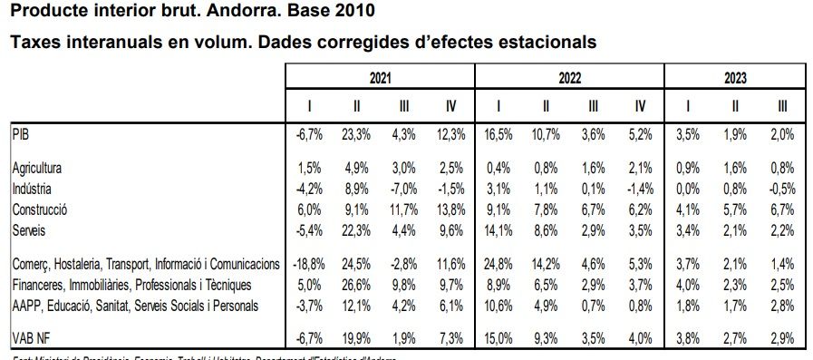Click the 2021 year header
click(x=381, y=79)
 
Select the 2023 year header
click(x=735, y=79)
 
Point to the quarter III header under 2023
click(x=782, y=107)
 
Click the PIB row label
click(x=22, y=133)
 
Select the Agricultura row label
click(x=41, y=169)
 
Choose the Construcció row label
click(x=42, y=209)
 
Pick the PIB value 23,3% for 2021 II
click(x=356, y=134)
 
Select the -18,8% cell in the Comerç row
click(x=307, y=264)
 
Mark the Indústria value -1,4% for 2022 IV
click(x=638, y=190)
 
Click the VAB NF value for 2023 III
click(x=781, y=340)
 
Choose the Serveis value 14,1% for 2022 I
click(x=498, y=229)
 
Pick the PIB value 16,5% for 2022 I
click(x=498, y=134)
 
